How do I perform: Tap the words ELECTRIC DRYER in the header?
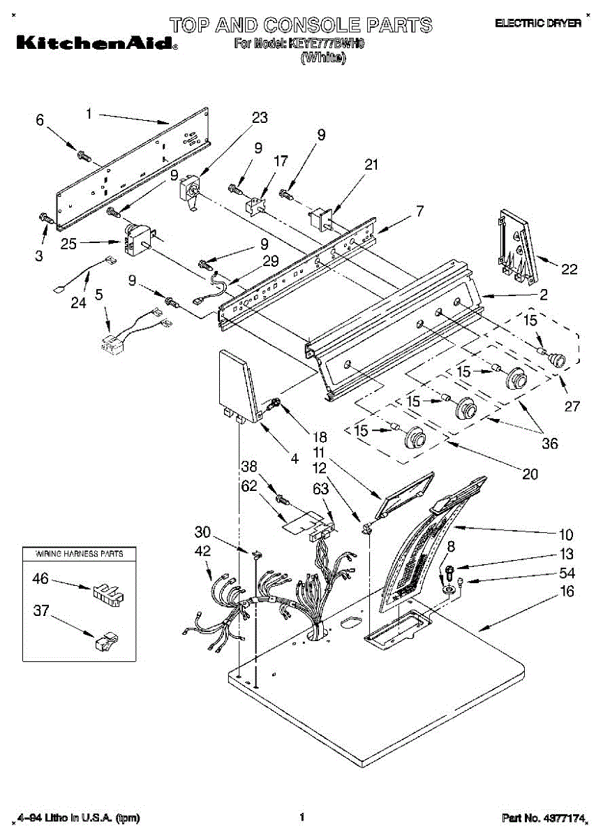point(537,24)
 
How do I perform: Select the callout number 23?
point(260,118)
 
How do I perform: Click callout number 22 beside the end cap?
point(569,269)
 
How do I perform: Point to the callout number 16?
point(567,591)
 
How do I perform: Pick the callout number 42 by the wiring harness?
point(202,550)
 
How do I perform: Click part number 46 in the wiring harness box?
point(41,578)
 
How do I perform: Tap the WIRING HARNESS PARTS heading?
point(79,554)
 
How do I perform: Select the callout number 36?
point(550,443)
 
